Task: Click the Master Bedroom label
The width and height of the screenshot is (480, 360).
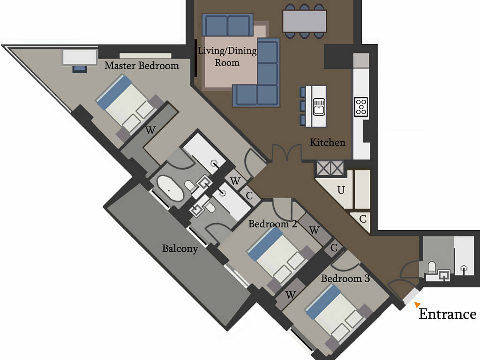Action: [142, 66]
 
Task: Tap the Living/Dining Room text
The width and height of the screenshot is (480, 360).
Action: [227, 56]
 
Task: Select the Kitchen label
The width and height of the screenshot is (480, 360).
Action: [328, 142]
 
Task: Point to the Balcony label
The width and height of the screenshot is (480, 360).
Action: [180, 248]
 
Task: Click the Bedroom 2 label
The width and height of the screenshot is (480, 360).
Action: [272, 224]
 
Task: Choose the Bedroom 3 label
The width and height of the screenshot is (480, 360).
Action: [345, 278]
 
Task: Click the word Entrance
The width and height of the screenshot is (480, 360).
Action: [448, 314]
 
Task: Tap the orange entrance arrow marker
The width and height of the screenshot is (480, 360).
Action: [417, 304]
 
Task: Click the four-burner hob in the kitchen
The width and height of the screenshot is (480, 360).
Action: [361, 107]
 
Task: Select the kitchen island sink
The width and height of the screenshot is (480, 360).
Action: [319, 107]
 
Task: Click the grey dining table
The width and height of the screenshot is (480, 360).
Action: [305, 21]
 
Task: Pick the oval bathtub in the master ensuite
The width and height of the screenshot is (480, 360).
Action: [170, 188]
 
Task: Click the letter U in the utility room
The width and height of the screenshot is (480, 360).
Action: [341, 190]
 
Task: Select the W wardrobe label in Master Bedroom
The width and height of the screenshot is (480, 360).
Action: [150, 130]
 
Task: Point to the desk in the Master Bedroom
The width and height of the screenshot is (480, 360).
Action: [80, 57]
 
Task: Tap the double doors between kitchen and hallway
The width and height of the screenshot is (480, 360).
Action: [287, 152]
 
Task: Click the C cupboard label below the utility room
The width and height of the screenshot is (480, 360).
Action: [363, 219]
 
